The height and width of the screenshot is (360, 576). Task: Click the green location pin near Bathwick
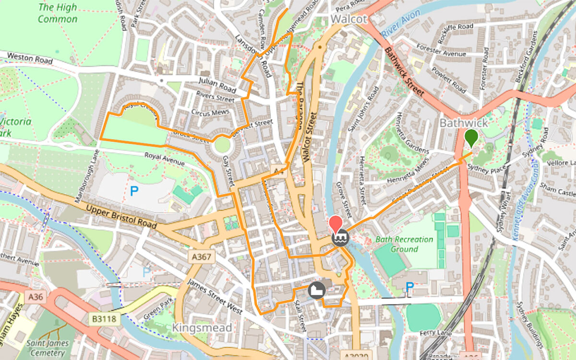coord(471,137)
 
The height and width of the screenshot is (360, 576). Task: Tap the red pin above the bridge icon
coord(335,224)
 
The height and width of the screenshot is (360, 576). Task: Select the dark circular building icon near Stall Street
coord(317,290)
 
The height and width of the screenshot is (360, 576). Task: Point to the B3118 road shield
coord(104,318)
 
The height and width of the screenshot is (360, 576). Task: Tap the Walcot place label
coord(349,19)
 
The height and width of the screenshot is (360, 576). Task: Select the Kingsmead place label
coord(202,327)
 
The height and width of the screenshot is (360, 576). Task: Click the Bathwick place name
coord(464,123)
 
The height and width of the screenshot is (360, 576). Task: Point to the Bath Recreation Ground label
coord(404,244)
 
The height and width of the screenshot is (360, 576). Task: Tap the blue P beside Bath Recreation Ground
coord(409,287)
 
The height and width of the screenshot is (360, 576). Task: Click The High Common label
coord(58,13)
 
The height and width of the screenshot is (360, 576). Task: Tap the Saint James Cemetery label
coord(48,348)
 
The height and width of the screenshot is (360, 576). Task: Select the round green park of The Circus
coord(222,144)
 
